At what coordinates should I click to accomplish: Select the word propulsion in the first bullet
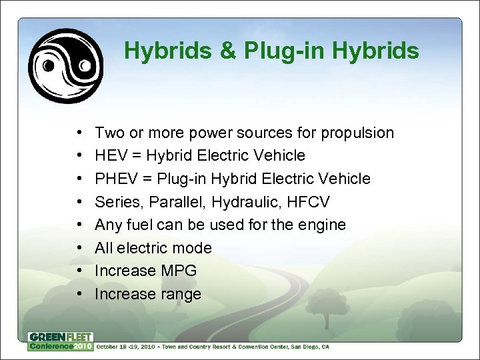click(357, 133)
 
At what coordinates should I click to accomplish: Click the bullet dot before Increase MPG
click(79, 271)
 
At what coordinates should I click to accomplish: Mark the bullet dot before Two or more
click(79, 133)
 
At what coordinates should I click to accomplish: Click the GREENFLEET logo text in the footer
click(61, 337)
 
